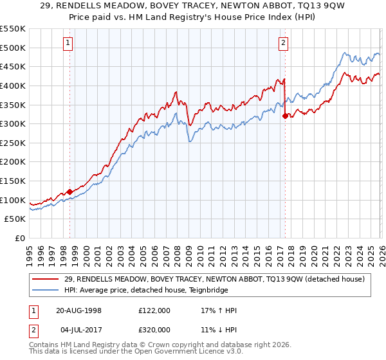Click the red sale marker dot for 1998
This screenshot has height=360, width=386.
[x=70, y=192]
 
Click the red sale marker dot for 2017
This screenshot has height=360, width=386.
[x=285, y=116]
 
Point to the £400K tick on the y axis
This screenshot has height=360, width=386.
[x=13, y=85]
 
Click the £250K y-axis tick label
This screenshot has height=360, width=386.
[x=13, y=143]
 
